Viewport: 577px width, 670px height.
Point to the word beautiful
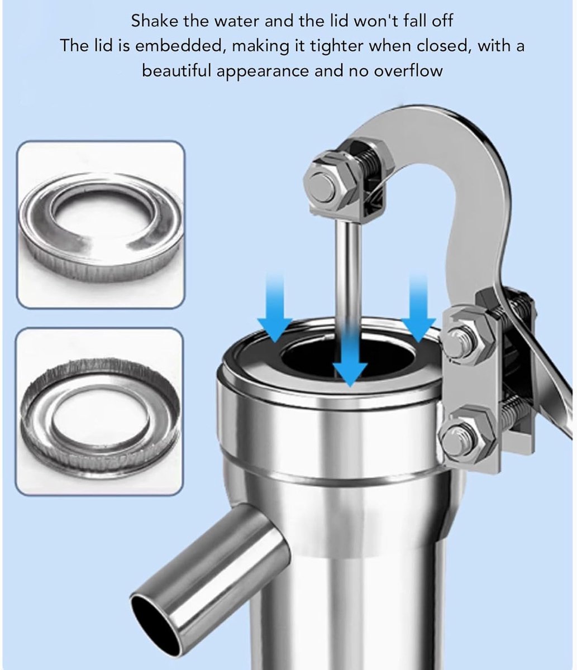coord(177,71)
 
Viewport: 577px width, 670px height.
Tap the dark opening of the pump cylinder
coord(349,357)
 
